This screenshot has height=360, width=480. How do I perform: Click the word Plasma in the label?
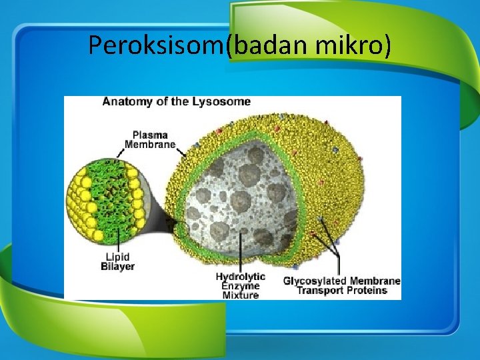(x=149, y=134)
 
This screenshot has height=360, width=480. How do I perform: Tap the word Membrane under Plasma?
(x=150, y=144)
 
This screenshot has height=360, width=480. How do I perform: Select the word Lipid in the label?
(x=117, y=257)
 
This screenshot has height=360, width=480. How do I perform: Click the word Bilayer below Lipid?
(x=117, y=267)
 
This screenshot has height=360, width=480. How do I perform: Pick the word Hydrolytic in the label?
(x=240, y=276)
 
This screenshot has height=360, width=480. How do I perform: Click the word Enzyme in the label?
(x=241, y=285)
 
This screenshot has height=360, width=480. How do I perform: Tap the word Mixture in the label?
(x=241, y=295)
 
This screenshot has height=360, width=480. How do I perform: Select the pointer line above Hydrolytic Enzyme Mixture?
(x=241, y=253)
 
